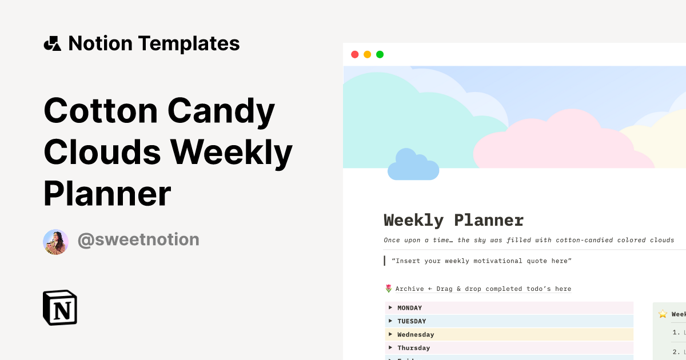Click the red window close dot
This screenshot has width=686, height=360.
(354, 55)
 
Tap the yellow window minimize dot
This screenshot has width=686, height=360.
(367, 55)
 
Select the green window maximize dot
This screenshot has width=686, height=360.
(380, 55)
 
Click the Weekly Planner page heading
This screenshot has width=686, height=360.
(453, 220)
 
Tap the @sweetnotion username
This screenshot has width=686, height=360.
(138, 239)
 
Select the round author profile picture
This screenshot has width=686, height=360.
(56, 242)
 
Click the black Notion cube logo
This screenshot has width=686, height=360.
(60, 307)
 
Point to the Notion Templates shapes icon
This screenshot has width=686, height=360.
(53, 43)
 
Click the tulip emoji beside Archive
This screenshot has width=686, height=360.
(389, 289)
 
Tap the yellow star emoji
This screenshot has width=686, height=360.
(663, 314)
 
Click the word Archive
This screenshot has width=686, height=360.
(409, 289)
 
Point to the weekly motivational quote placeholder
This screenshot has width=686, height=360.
(481, 261)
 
